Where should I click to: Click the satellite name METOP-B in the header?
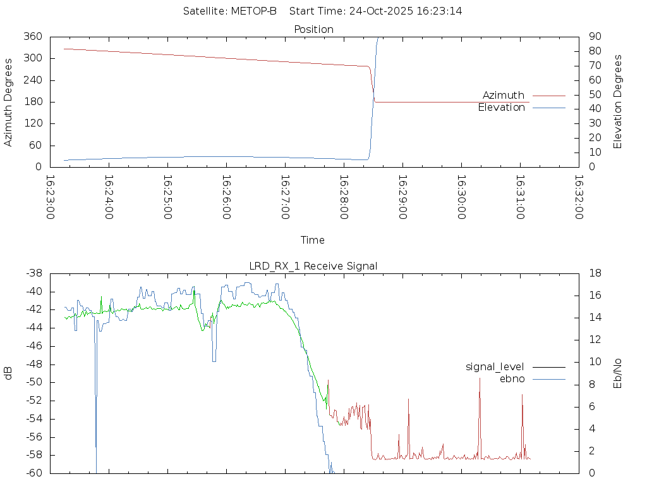[x=255, y=11]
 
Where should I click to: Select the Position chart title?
[x=314, y=29]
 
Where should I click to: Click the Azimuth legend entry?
[x=504, y=95]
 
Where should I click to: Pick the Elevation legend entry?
[x=501, y=108]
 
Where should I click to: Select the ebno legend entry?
[x=512, y=379]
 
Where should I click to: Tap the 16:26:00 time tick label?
[x=226, y=197]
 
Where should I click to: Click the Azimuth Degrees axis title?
[x=8, y=102]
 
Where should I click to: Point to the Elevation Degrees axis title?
[x=618, y=102]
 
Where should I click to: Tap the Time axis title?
[x=313, y=240]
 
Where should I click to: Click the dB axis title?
[x=8, y=373]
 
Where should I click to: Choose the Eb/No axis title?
[x=618, y=373]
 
